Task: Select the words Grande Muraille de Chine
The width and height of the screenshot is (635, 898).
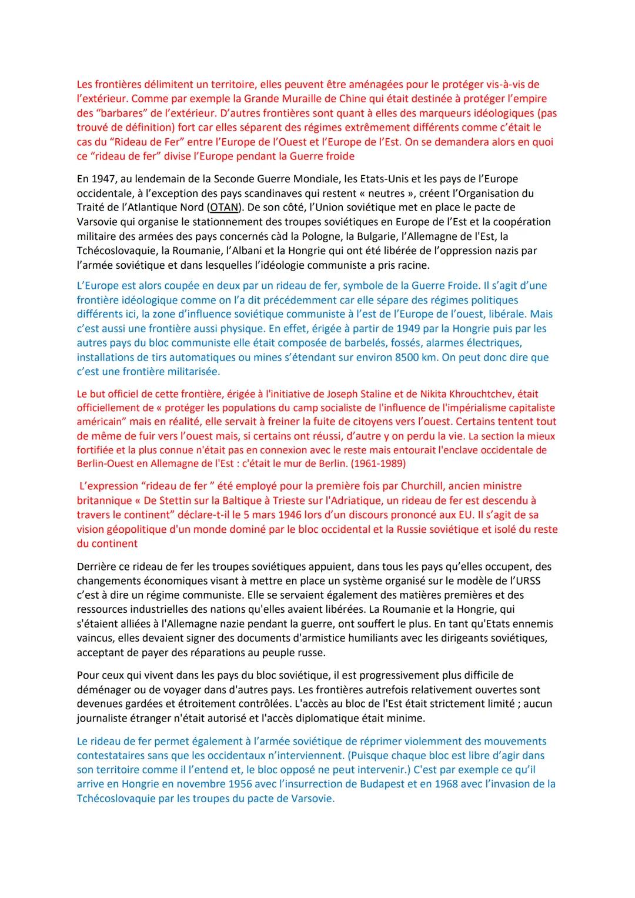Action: pyautogui.click(x=266, y=98)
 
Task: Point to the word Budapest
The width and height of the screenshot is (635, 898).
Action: pyautogui.click(x=356, y=784)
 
